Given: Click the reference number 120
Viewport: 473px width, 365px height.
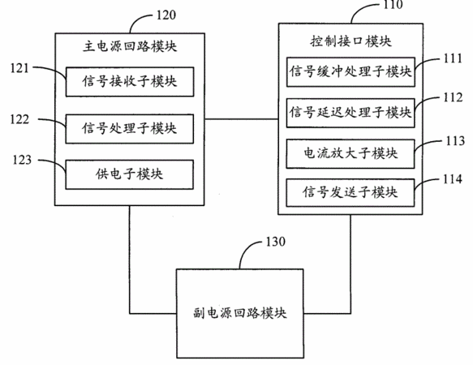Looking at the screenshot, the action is [x=166, y=15].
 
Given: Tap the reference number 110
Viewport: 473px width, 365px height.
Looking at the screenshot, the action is [x=393, y=5].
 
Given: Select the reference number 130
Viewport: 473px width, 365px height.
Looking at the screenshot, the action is [x=275, y=242].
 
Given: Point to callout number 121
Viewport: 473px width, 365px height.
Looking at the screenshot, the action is [x=19, y=68].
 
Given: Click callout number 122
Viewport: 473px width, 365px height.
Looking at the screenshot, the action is [x=19, y=119].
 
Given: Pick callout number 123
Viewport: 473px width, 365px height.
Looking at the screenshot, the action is [x=22, y=160].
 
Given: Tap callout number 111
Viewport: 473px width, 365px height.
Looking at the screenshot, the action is [x=453, y=58].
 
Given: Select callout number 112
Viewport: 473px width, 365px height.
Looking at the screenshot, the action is [x=453, y=97].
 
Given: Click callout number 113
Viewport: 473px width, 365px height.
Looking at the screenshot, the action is [x=455, y=141].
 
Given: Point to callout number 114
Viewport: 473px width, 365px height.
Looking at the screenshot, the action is [x=453, y=179].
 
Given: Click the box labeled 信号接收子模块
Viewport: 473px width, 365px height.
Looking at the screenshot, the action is [x=130, y=82].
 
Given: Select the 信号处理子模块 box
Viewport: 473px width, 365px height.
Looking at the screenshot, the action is [x=130, y=129].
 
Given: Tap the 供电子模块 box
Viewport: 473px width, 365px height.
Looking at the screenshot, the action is [x=130, y=174].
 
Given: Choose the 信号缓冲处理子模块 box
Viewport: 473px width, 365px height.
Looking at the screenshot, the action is [x=350, y=72].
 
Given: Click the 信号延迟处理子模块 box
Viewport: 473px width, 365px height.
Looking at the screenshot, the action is [x=350, y=113].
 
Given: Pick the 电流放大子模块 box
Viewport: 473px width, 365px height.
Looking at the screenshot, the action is [x=350, y=153].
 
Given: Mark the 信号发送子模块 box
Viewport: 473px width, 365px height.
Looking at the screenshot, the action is [x=350, y=192].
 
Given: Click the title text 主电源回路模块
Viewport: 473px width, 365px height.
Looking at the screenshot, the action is [x=130, y=47].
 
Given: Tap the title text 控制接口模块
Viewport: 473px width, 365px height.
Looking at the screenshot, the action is [x=350, y=41].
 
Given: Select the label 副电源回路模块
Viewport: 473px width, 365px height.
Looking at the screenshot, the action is [x=240, y=313].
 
